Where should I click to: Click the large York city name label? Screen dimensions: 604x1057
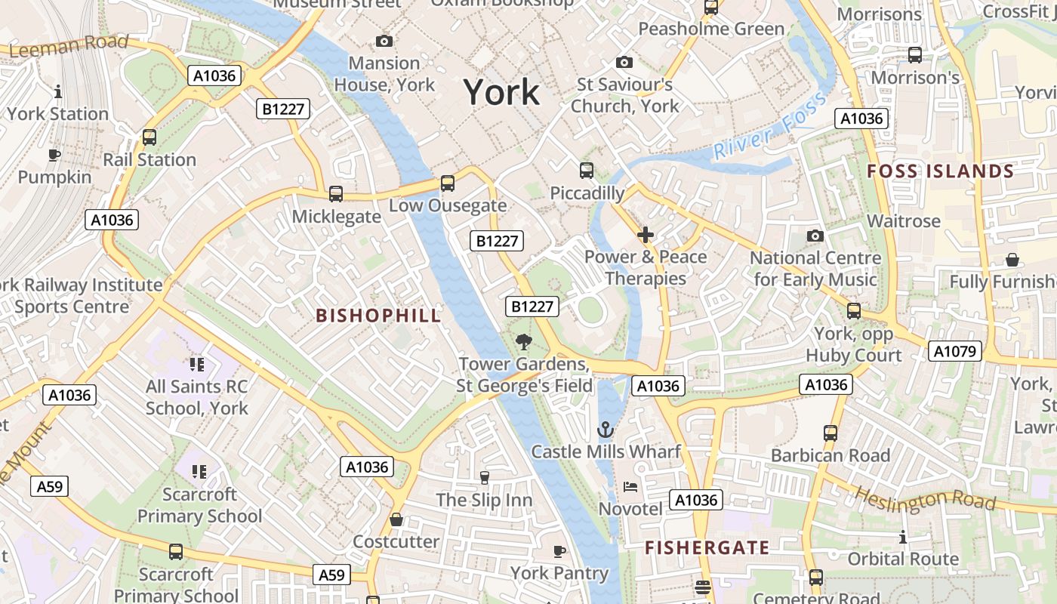pos(501,92)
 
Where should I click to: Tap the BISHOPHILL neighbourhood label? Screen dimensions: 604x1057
pos(378,316)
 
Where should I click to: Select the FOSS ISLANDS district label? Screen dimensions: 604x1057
pos(940,171)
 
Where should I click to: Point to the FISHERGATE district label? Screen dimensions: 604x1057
pos(707,547)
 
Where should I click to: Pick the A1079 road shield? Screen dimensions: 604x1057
pos(954,351)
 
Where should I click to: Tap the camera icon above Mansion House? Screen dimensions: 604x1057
pos(384,41)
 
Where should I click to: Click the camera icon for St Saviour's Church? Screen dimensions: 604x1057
pos(624,62)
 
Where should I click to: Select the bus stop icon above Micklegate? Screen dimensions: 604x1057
pos(336,194)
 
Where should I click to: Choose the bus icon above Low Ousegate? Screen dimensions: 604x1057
pos(448,183)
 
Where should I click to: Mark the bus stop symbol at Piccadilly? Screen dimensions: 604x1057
pos(587,171)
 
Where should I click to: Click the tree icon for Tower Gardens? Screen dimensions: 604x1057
pos(523,342)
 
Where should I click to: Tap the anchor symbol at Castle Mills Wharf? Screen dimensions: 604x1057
pos(606,430)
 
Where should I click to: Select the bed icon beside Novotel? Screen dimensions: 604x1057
pos(630,486)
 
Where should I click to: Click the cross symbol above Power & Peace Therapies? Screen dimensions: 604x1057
pos(646,235)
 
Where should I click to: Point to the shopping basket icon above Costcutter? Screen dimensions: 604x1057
pos(396,520)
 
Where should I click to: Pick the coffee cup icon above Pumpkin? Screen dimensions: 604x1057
pos(54,155)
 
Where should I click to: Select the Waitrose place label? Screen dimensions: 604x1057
pos(904,221)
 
